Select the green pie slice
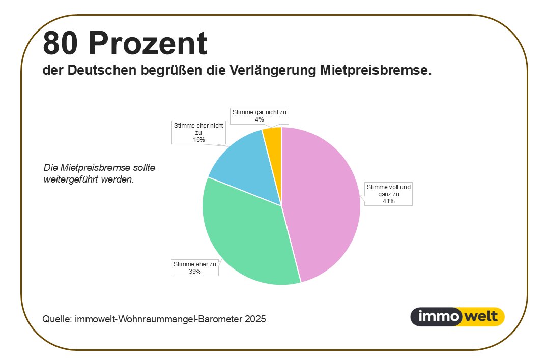click(x=244, y=239)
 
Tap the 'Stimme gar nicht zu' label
click(x=260, y=115)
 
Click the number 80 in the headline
click(x=61, y=43)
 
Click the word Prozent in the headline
click(x=148, y=43)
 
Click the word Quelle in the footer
click(x=56, y=319)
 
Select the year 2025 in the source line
click(x=255, y=319)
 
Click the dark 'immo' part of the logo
click(x=435, y=317)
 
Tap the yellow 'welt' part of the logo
click(x=481, y=317)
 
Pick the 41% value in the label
click(x=388, y=201)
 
